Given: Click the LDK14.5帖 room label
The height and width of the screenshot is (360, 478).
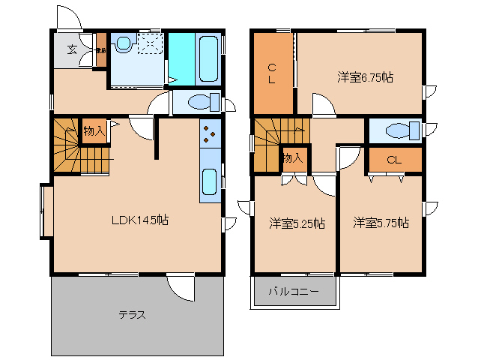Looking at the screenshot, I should tap(139, 220).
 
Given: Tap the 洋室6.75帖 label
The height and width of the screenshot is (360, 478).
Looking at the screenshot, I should tap(366, 76).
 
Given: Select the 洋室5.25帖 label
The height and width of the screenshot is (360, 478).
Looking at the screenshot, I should tap(297, 223).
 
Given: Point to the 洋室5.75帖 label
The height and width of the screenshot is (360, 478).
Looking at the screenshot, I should tap(381, 223).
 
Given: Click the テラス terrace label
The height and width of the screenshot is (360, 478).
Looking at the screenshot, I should tap(132, 315).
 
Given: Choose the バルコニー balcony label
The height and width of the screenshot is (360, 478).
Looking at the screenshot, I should tap(294, 291).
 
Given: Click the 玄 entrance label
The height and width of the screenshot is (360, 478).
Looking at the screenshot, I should tap(72, 50).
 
